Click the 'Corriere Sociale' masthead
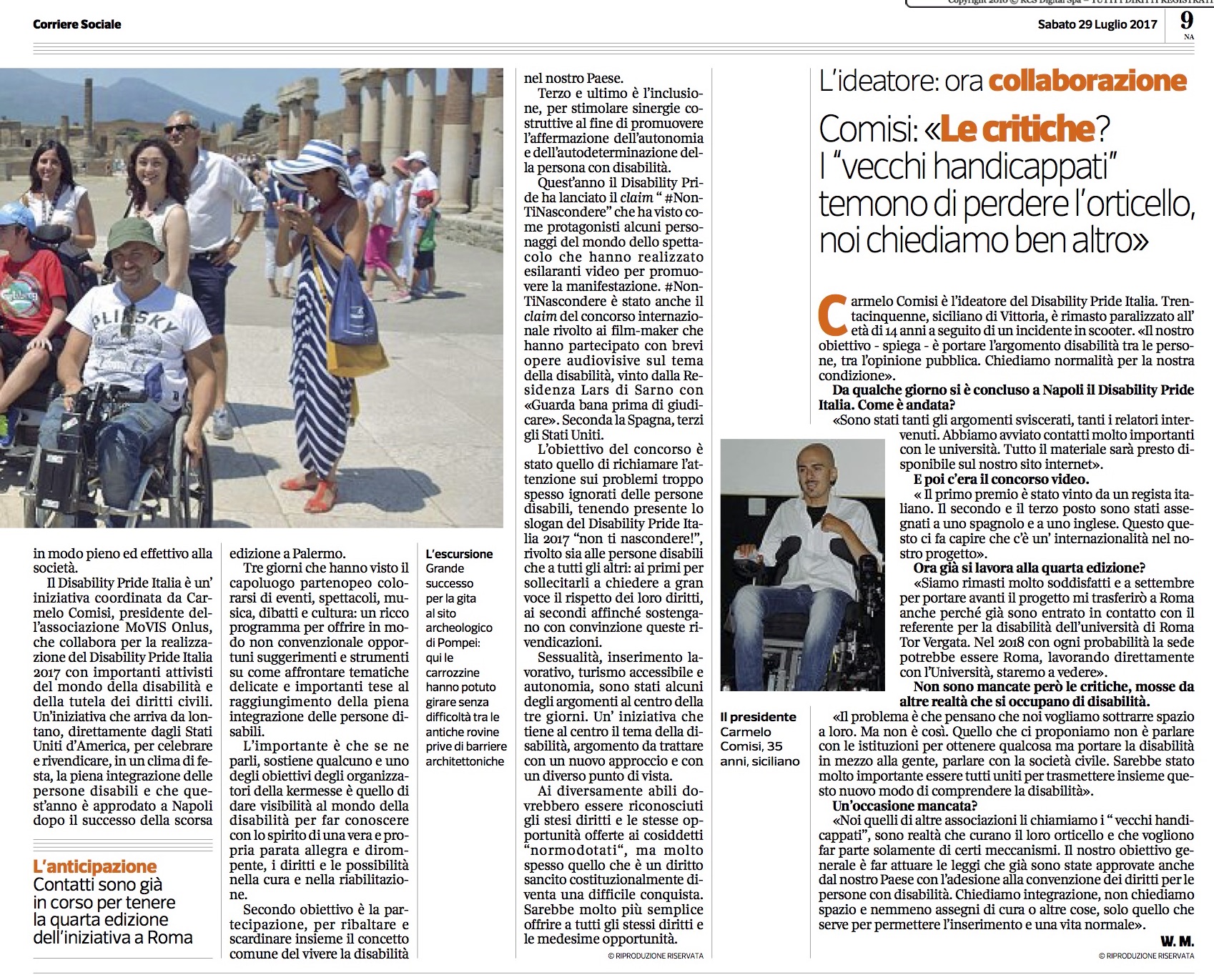(x=77, y=24)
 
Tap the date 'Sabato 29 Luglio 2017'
(x=1097, y=24)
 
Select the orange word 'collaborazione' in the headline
(x=1087, y=81)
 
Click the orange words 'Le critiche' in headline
(x=1017, y=129)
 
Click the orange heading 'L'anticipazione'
(x=95, y=866)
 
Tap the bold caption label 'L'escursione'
(x=459, y=554)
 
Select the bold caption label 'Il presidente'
(x=758, y=717)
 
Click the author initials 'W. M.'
(x=1177, y=941)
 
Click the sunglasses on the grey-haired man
(x=179, y=129)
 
